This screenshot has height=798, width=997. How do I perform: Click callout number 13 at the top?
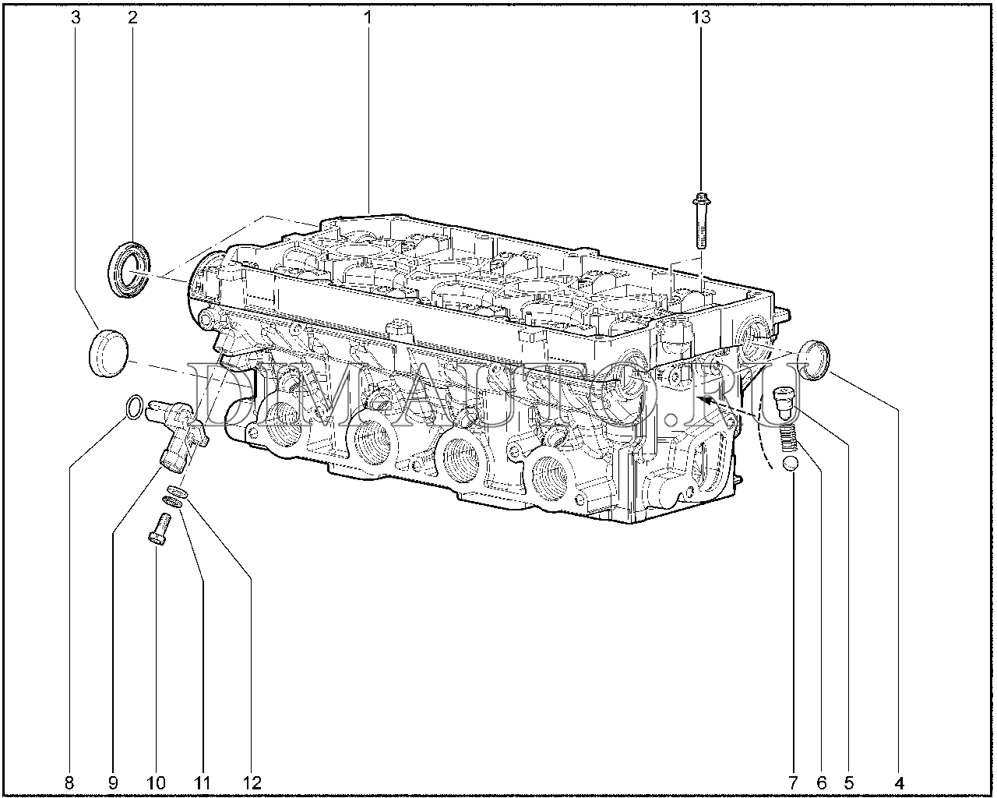[701, 18]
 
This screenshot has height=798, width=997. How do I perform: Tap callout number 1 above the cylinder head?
[368, 18]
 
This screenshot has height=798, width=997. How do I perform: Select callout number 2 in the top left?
[132, 18]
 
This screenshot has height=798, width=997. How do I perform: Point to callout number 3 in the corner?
[76, 18]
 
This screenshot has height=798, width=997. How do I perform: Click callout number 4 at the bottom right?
[899, 783]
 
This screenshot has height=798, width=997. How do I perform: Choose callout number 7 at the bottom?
[793, 783]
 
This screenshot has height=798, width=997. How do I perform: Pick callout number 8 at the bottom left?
[69, 783]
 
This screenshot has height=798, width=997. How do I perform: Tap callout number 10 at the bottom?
[156, 783]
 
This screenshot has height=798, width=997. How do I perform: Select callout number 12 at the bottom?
[252, 783]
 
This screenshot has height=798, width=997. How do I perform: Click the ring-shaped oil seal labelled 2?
[129, 269]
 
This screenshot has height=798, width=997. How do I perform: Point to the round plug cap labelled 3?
[108, 353]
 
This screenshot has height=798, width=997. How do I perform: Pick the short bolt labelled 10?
[160, 528]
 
